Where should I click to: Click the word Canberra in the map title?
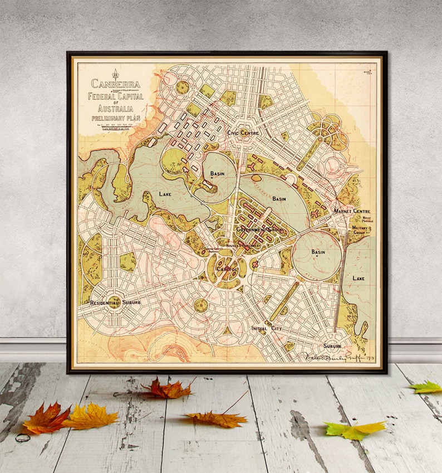click(117, 85)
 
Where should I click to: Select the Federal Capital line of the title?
click(116, 96)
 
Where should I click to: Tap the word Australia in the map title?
click(116, 110)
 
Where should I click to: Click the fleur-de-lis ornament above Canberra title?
click(116, 74)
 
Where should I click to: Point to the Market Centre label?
click(352, 212)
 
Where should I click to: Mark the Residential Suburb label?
click(115, 302)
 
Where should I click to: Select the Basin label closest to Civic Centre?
click(217, 173)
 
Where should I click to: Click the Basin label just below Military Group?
click(318, 252)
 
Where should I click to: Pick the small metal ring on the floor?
click(23, 437)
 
